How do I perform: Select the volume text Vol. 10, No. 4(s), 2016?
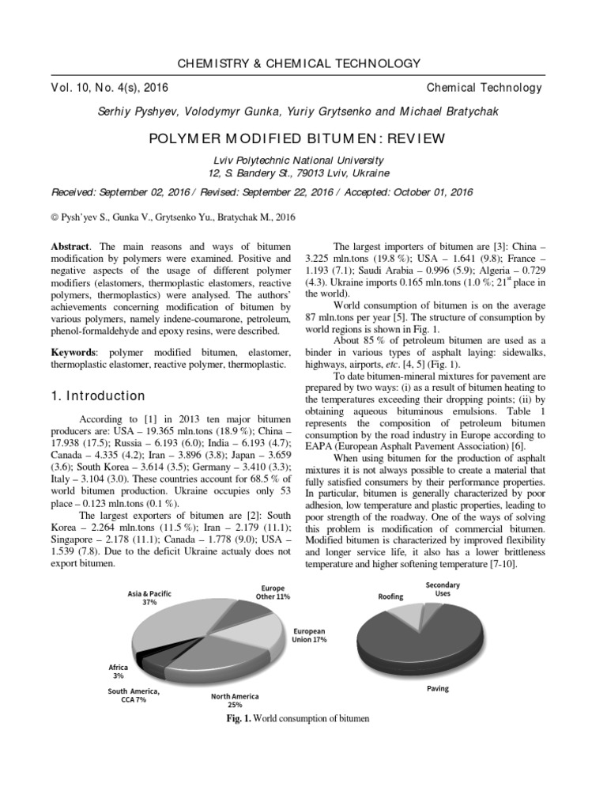click(110, 88)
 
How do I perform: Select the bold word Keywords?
click(73, 351)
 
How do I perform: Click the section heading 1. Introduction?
click(98, 396)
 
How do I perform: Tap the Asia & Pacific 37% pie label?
click(149, 597)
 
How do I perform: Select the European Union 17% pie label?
click(310, 635)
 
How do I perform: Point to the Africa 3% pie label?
click(118, 672)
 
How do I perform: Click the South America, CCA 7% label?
click(134, 696)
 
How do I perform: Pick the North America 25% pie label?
click(235, 700)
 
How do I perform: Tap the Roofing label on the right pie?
click(390, 597)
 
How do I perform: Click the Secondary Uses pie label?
click(443, 589)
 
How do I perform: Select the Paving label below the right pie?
click(437, 688)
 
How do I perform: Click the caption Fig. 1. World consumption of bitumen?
click(297, 718)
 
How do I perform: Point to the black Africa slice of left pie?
click(141, 656)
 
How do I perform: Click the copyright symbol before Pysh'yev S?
click(55, 214)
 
